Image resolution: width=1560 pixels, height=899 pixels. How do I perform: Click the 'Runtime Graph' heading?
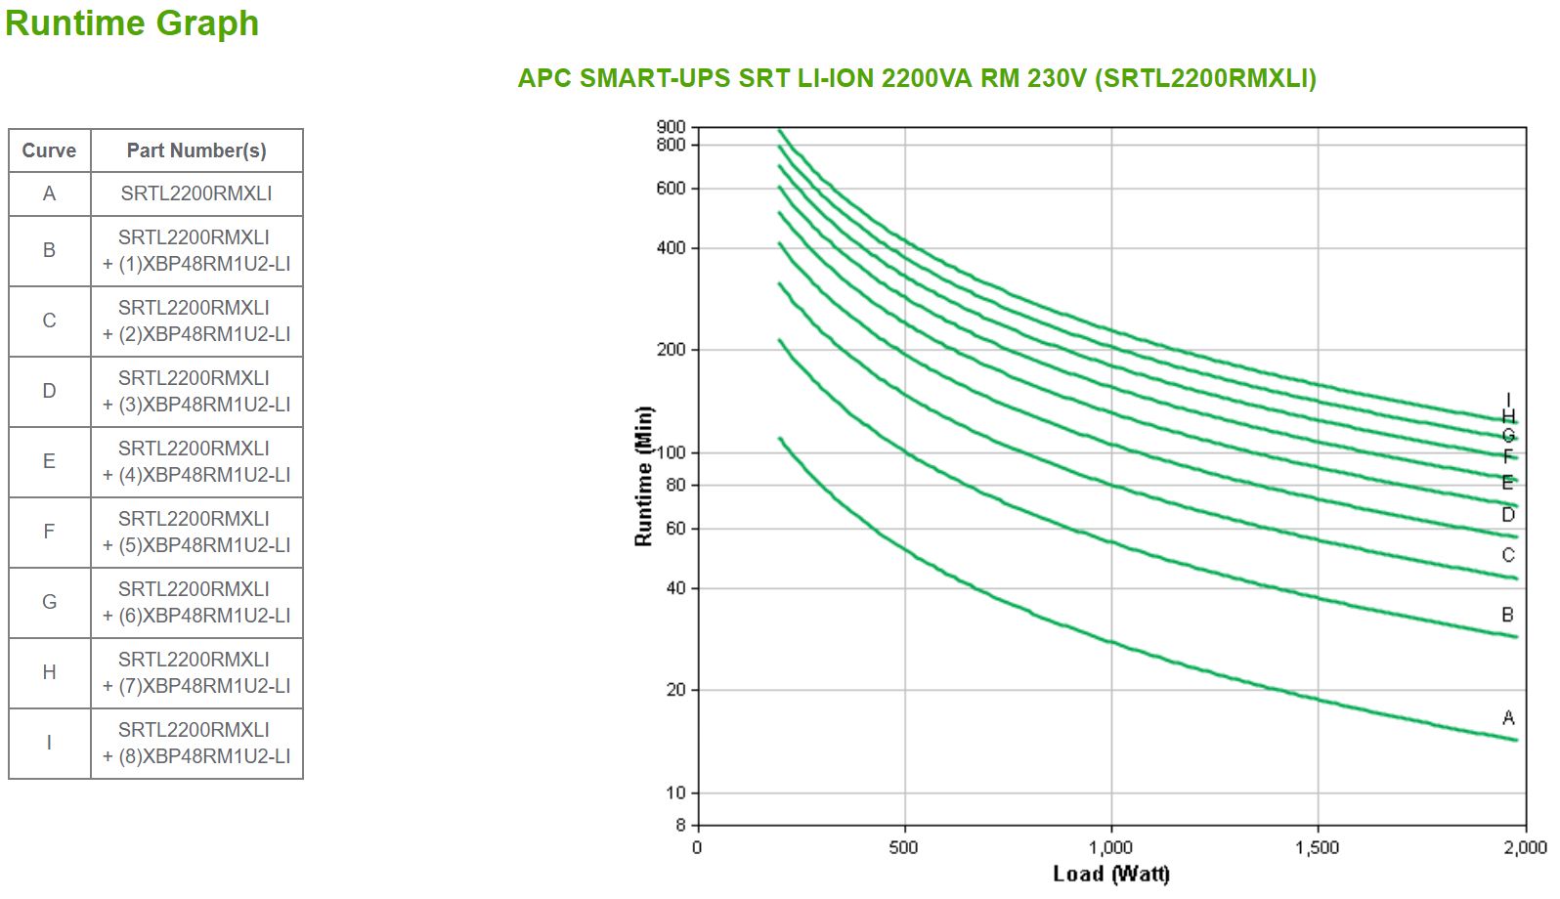[132, 23]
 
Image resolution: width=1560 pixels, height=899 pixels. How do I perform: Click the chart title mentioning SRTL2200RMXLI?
[917, 78]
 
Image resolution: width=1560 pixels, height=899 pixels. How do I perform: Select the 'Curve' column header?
[49, 150]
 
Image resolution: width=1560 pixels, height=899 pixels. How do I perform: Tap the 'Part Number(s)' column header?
[196, 150]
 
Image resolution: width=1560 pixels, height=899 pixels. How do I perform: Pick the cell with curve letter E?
[49, 461]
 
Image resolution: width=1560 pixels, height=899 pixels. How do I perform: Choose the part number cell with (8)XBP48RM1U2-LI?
[196, 743]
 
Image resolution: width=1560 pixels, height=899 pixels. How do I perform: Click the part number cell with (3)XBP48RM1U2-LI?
[196, 391]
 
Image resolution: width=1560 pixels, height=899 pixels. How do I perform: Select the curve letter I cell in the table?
[49, 743]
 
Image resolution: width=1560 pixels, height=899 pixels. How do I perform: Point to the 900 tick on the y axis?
[672, 127]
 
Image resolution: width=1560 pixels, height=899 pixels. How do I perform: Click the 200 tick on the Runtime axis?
[672, 350]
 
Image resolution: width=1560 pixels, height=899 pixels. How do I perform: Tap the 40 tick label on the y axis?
[675, 588]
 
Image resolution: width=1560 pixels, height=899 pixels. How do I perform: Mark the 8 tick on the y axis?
[680, 825]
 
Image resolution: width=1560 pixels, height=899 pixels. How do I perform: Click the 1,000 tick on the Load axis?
[1111, 847]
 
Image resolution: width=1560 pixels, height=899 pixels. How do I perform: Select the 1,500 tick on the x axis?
[1318, 847]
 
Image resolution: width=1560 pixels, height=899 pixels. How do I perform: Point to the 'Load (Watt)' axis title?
[1111, 874]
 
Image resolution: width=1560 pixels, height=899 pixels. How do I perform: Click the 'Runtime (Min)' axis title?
[643, 476]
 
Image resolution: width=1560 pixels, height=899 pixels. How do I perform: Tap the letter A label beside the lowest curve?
[1508, 718]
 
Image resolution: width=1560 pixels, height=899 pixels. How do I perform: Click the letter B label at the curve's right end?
[1508, 615]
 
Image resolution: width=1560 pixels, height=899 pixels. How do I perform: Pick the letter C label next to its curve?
[1508, 555]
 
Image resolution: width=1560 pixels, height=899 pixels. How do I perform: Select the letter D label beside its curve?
[1508, 515]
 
